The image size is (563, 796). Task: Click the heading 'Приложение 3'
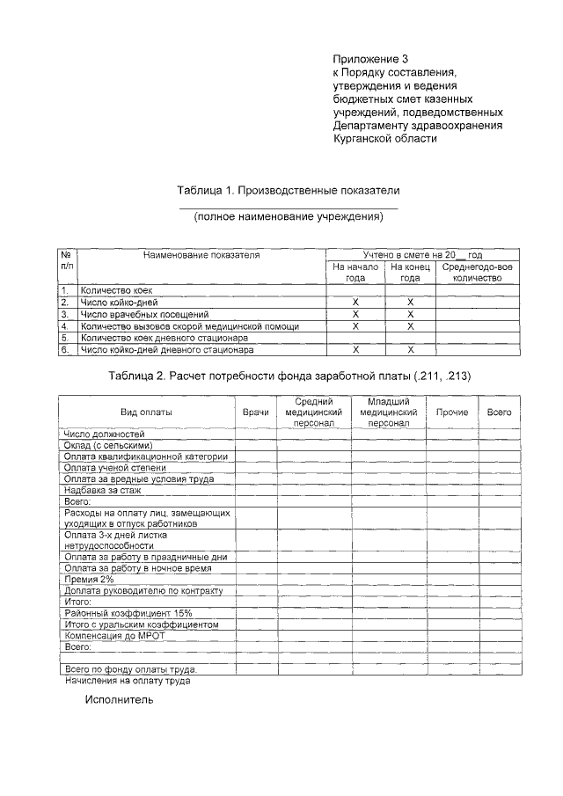(371, 58)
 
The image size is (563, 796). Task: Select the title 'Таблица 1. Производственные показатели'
(288, 190)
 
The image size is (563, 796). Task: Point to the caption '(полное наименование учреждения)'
(289, 215)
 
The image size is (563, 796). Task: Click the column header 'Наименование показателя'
(202, 254)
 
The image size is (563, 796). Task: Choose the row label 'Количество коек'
(116, 289)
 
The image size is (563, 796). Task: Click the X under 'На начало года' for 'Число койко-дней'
(355, 302)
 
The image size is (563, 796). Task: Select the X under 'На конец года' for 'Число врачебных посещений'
(410, 314)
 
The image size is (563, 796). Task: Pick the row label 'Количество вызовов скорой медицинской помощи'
(189, 326)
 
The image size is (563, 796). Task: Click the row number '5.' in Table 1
(65, 338)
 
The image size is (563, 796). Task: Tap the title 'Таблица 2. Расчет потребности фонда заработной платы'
(289, 376)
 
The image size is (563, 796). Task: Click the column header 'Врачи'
(255, 412)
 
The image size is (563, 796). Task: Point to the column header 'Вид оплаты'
(146, 412)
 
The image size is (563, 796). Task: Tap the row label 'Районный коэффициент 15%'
(128, 613)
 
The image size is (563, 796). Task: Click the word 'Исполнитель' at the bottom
(119, 700)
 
